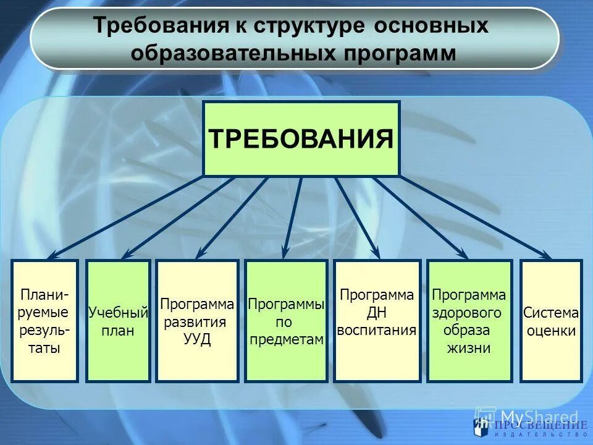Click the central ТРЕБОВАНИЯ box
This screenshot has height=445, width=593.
pos(301,138)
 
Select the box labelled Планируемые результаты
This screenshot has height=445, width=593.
pos(45,320)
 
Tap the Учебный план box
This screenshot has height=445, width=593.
pos(118,320)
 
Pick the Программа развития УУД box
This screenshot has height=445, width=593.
pos(197,320)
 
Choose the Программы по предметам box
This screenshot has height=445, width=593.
pos(286,320)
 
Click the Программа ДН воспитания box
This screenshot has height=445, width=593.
pos(377,320)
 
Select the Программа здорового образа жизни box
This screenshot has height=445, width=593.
pos(469,320)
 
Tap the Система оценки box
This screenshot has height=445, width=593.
pos(551,320)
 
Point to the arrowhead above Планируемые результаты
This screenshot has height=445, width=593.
pos(52,255)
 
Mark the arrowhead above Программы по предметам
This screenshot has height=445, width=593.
pos(285,253)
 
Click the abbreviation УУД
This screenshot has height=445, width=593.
pos(197,339)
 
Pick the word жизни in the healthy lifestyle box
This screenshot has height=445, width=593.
pos(469,347)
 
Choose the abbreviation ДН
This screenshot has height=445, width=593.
pos(377,312)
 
